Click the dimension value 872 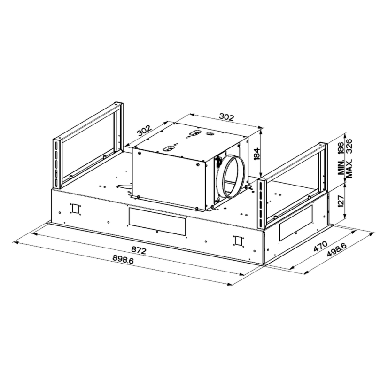pos(139,250)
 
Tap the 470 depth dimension pos(320,246)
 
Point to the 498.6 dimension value pos(336,250)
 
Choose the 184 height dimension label pos(257,154)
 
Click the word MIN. pos(341,168)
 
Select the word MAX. pos(349,169)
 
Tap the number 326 pos(349,147)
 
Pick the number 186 pos(341,148)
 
